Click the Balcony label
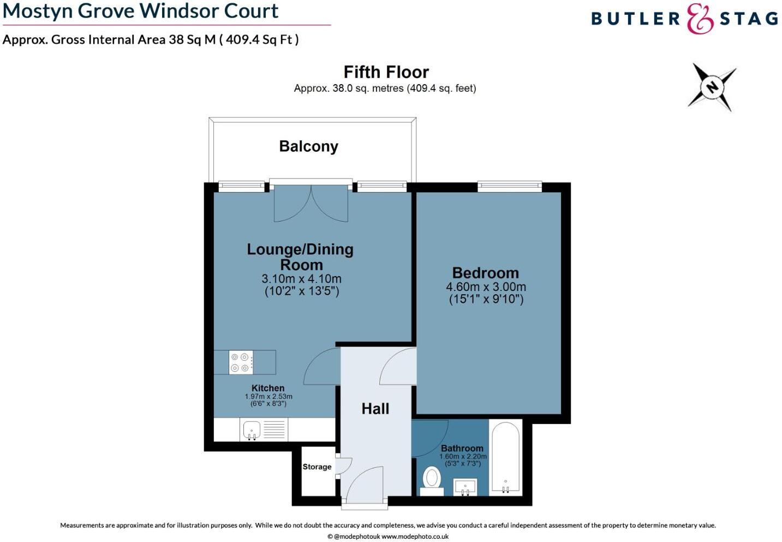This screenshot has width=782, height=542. coord(308,146)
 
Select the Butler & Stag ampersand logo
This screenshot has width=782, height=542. coord(700,19)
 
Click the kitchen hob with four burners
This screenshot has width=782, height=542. coord(241,362)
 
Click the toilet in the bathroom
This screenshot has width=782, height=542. coord(432,479)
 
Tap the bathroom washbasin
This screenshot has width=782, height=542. coord(465,486)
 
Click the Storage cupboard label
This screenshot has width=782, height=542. coord(317,467)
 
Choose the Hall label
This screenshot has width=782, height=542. coord(375,409)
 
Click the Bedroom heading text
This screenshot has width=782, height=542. coord(485,273)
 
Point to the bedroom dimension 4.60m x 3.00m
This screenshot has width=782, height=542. coord(486,287)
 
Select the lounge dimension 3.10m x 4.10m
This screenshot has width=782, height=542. coord(301,278)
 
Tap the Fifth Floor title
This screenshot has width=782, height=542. coord(386,72)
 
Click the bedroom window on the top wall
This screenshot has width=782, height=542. coord(510,187)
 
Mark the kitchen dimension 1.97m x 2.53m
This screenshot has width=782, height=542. coord(268,397)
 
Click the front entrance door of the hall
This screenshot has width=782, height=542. coord(365,486)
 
